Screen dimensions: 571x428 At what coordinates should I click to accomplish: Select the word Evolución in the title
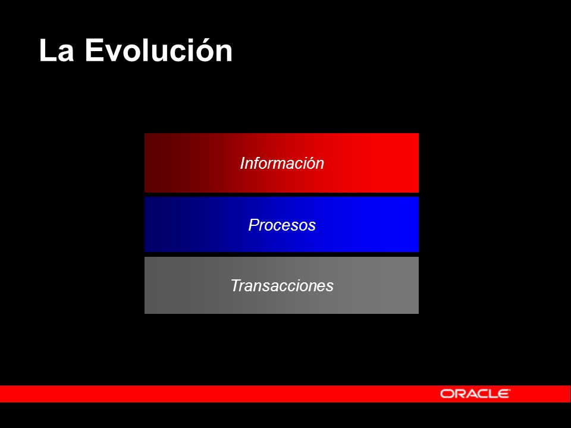159,49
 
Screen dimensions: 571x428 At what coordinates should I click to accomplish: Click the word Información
282,163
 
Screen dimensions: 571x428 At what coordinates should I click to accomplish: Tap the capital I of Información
243,163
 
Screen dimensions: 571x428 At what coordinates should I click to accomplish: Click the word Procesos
282,225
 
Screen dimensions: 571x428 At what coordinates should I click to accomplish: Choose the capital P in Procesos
254,225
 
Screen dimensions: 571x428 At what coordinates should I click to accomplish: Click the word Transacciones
282,286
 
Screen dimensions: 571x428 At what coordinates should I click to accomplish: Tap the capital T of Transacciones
236,286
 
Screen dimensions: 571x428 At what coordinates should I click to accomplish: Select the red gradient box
281,163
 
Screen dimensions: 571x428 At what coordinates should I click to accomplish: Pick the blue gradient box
281,224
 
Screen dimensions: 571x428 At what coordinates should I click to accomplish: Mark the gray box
281,285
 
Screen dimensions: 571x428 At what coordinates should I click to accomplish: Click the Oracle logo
475,394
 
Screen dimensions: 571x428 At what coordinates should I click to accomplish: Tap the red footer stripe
285,394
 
